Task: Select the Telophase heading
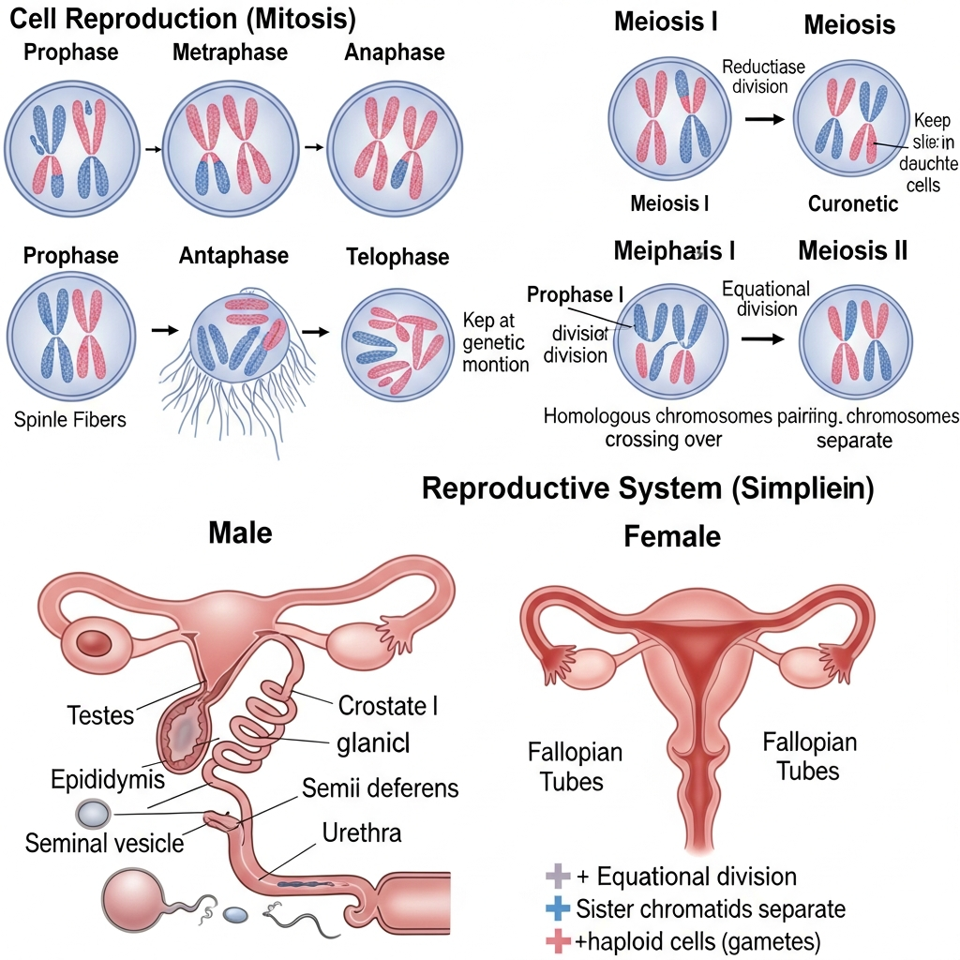tap(397, 257)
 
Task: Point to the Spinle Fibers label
tap(70, 419)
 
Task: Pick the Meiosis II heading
tap(853, 250)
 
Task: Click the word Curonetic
tap(853, 203)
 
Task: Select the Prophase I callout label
tap(575, 294)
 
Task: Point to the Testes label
tap(101, 715)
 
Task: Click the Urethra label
tap(362, 832)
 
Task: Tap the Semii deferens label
tap(381, 788)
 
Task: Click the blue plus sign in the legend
tap(557, 908)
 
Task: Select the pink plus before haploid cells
tap(557, 939)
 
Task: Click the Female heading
tap(672, 536)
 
